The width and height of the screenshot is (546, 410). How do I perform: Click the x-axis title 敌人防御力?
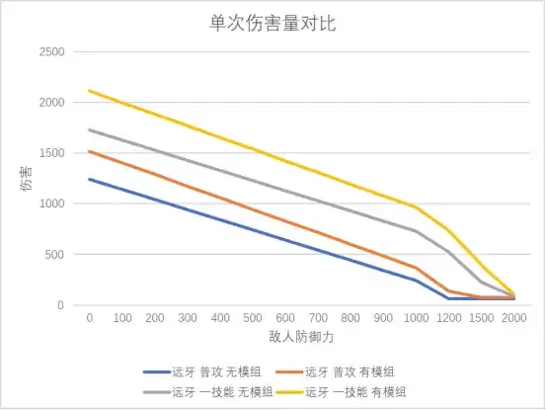[300, 337]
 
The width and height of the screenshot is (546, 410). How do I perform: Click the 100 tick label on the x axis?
[122, 319]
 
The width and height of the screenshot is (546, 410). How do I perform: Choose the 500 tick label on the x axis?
[253, 319]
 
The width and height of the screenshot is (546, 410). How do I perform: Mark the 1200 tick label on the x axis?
[448, 319]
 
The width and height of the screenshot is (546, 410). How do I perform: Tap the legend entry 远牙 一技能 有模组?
[351, 391]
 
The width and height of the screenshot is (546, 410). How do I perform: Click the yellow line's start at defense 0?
[90, 91]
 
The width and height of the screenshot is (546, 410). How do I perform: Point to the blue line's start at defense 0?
[90, 179]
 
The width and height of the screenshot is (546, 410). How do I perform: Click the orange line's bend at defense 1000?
[416, 268]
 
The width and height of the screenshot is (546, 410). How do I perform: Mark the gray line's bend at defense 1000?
[416, 231]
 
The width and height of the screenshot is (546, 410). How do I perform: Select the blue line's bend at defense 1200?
[448, 298]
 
